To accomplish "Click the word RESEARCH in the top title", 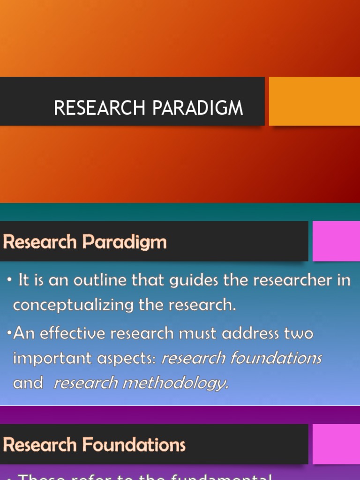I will click(x=100, y=108).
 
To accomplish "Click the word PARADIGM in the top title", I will click(x=197, y=108).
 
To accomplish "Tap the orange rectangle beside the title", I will click(x=314, y=101).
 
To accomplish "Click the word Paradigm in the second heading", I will click(x=125, y=242).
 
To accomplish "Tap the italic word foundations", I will click(x=276, y=358).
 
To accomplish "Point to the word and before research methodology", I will click(x=28, y=383).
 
